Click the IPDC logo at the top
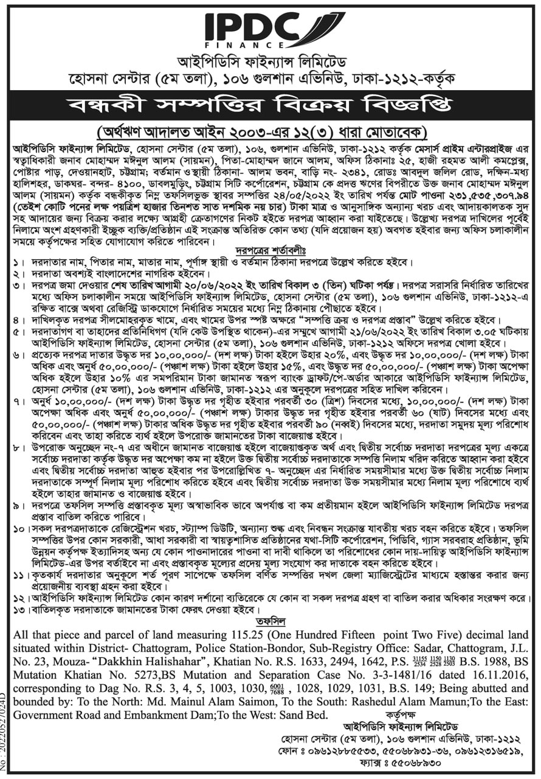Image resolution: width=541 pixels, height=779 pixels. [269, 27]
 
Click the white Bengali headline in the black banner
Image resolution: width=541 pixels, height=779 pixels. [270, 105]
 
